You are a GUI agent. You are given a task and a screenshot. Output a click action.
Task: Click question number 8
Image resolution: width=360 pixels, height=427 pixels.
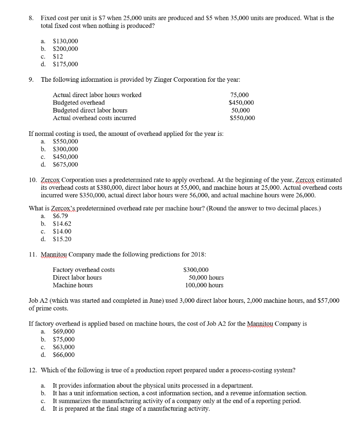point(31,18)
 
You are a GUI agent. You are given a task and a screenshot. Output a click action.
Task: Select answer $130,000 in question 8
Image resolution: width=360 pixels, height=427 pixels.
point(65,41)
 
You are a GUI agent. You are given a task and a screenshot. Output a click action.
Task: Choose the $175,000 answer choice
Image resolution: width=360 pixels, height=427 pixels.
point(65,64)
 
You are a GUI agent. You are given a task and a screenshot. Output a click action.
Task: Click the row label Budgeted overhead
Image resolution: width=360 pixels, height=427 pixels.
point(78,103)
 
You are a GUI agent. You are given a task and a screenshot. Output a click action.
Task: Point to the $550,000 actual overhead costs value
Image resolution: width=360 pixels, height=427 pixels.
point(242,118)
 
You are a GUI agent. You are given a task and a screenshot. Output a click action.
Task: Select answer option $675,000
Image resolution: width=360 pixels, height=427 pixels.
point(65,165)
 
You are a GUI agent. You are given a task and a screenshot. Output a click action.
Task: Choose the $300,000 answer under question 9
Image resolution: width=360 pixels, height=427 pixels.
point(65,149)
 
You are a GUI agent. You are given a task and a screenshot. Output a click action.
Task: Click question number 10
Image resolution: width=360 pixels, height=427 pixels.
point(33,180)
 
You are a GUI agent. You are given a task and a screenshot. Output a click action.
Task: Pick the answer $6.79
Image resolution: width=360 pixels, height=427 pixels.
point(61,216)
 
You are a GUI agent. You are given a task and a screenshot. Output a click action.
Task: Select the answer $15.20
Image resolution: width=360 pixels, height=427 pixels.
point(62,239)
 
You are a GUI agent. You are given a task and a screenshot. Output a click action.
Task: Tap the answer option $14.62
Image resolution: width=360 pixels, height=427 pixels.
point(62,224)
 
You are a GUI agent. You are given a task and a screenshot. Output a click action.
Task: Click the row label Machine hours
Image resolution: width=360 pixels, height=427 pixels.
point(73,285)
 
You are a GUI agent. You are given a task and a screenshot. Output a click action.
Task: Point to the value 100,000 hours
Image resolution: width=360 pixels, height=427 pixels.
point(204,285)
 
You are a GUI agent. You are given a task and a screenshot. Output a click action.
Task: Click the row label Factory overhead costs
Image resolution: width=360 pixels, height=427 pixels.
point(83,270)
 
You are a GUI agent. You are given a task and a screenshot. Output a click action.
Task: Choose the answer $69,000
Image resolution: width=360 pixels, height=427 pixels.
point(64,332)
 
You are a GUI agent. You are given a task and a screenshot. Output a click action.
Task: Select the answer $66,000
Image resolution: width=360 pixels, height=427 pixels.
point(64,355)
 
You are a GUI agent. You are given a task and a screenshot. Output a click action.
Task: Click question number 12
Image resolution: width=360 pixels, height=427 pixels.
point(33,370)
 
